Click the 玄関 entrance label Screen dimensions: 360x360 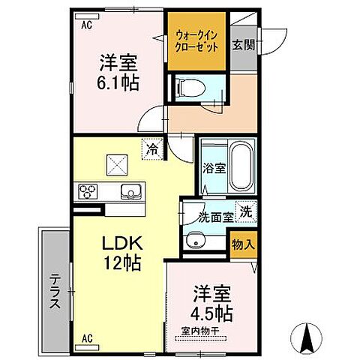click(x=243, y=43)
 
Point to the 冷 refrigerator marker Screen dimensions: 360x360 click(x=152, y=149)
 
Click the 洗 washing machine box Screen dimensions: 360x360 click(x=244, y=211)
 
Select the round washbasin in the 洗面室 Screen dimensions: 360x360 click(x=196, y=241)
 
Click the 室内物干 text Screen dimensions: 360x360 click(x=199, y=328)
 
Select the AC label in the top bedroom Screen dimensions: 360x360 click(x=87, y=24)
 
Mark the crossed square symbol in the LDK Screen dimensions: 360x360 click(x=117, y=161)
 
